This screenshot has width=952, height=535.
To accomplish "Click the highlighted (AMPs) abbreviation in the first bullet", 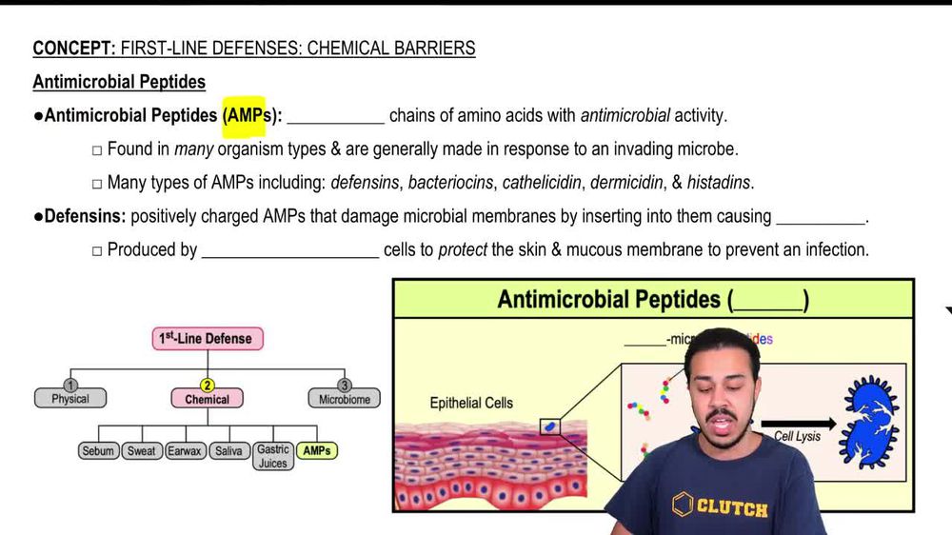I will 243,116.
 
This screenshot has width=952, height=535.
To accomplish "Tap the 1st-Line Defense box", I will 208,338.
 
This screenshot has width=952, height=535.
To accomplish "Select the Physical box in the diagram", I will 70,398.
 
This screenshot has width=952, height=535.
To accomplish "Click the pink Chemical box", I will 208,398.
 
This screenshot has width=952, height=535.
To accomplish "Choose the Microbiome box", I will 345,398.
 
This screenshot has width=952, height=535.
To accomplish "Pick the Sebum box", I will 98,451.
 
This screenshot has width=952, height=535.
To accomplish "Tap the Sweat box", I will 142,451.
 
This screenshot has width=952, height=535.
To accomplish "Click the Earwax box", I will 185,451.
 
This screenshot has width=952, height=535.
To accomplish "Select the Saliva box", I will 228,451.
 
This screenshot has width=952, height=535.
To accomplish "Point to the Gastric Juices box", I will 273,457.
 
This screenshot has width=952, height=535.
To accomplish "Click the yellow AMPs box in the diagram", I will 317,451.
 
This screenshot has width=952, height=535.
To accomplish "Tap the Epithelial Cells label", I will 471,403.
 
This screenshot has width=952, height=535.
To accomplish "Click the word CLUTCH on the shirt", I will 731,507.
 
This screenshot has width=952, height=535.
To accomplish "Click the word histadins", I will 719,183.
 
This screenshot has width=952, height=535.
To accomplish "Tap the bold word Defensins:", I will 85,216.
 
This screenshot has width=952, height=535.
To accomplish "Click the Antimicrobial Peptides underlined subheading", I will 119,82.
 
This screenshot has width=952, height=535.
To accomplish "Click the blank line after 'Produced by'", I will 290,251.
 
